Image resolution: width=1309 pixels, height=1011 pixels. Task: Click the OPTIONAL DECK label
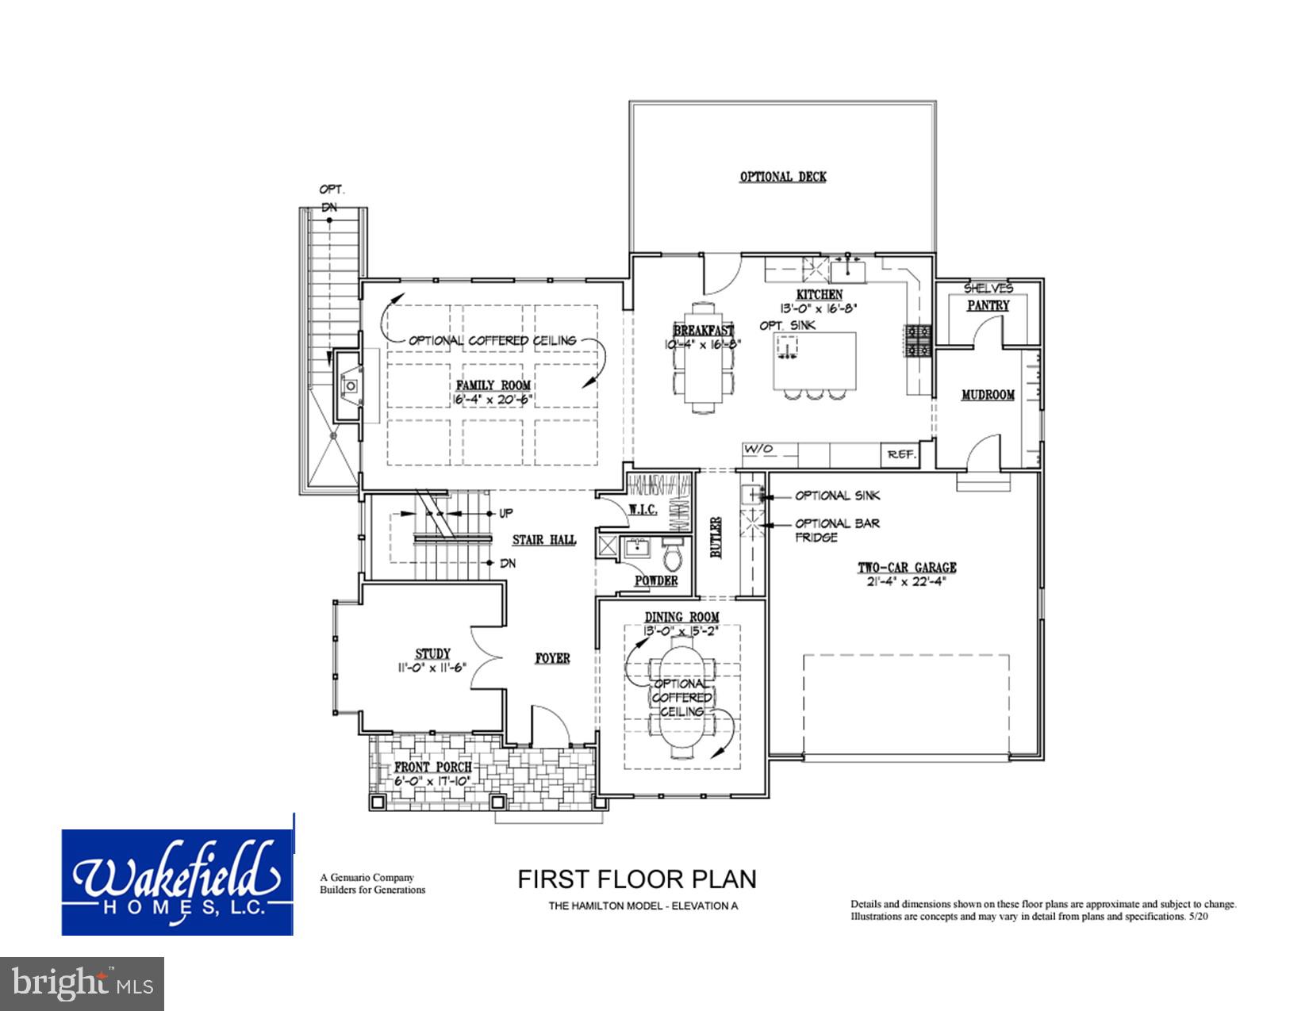pyautogui.click(x=782, y=177)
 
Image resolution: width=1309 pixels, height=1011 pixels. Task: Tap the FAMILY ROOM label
pyautogui.click(x=493, y=385)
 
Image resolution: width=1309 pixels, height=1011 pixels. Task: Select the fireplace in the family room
pyautogui.click(x=348, y=386)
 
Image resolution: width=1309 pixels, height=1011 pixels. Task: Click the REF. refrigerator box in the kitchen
pyautogui.click(x=901, y=454)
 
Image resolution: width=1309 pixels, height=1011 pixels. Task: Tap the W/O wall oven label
pyautogui.click(x=758, y=450)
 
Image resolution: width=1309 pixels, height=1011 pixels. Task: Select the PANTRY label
pyautogui.click(x=988, y=305)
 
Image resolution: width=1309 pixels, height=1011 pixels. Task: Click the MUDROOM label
pyautogui.click(x=988, y=394)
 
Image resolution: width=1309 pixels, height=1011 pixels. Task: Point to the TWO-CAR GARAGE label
pyautogui.click(x=906, y=568)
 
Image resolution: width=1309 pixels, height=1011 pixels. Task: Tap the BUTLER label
pyautogui.click(x=716, y=539)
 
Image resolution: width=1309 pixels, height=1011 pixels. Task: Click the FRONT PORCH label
pyautogui.click(x=433, y=768)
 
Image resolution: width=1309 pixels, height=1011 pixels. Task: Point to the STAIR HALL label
pyautogui.click(x=544, y=540)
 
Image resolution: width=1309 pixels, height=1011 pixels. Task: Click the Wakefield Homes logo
pyautogui.click(x=178, y=883)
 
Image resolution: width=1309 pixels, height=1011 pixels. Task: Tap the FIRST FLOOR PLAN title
pyautogui.click(x=636, y=879)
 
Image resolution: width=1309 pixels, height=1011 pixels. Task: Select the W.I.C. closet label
pyautogui.click(x=643, y=510)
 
